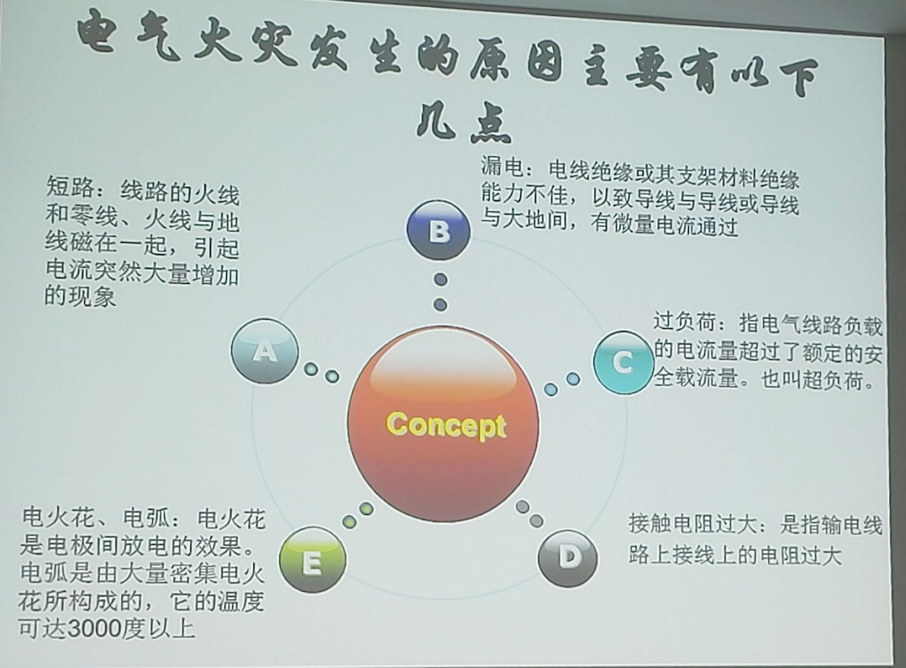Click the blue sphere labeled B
pyautogui.click(x=439, y=231)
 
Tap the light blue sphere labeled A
pyautogui.click(x=265, y=351)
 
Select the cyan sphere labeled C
pyautogui.click(x=623, y=362)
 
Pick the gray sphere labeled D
pyautogui.click(x=568, y=558)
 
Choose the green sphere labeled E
pyautogui.click(x=313, y=560)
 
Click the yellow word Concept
pyautogui.click(x=446, y=425)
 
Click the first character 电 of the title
pyautogui.click(x=98, y=35)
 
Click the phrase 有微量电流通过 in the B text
pyautogui.click(x=664, y=225)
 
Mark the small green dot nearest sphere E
pyautogui.click(x=350, y=521)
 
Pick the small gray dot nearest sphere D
pyautogui.click(x=536, y=521)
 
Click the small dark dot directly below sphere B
pyautogui.click(x=441, y=279)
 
